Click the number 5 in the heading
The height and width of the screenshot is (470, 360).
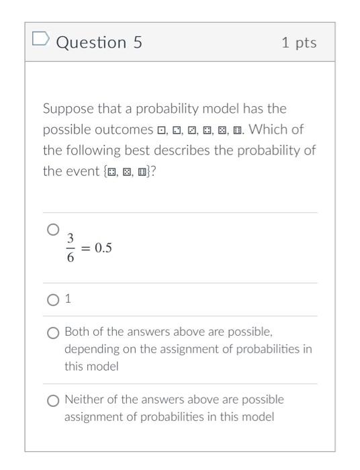click(137, 42)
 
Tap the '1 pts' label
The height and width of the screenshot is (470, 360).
click(299, 42)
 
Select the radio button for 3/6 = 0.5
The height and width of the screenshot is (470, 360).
click(53, 230)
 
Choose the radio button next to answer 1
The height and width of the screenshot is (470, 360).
click(53, 300)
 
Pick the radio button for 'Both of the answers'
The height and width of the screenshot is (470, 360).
click(53, 333)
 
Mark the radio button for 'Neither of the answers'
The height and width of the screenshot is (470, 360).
click(53, 401)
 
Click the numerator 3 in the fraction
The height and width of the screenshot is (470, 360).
click(70, 238)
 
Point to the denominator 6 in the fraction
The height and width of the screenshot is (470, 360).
click(70, 257)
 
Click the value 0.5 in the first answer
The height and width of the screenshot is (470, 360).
click(103, 248)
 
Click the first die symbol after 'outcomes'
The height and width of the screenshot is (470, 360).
click(161, 130)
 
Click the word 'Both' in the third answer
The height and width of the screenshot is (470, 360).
click(77, 332)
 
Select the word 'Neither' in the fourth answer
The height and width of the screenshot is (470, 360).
click(85, 399)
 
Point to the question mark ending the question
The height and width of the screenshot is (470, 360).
click(153, 171)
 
